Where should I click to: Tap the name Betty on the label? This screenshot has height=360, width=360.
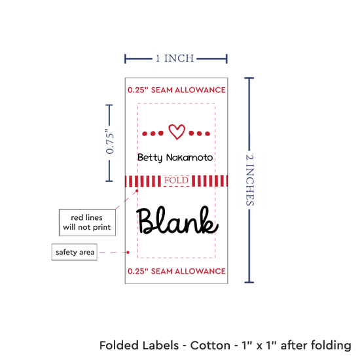tap(150, 158)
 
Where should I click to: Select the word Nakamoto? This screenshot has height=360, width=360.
tap(189, 158)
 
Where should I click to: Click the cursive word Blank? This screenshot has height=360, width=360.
tap(177, 220)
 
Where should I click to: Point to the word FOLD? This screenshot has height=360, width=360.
tap(176, 180)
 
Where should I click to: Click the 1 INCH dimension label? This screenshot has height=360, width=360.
tap(175, 58)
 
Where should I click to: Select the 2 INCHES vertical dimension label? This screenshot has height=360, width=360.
tap(250, 180)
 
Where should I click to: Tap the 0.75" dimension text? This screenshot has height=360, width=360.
tap(109, 141)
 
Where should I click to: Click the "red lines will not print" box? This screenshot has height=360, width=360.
tap(87, 223)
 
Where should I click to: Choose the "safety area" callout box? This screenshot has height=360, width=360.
tap(75, 252)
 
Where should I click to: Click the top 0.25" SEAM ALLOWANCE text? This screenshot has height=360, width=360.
tap(177, 90)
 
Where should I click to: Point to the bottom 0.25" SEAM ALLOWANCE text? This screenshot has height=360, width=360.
tap(177, 271)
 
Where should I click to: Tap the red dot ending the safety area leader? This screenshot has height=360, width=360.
tap(128, 252)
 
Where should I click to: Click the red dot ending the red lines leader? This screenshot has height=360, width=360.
tap(137, 190)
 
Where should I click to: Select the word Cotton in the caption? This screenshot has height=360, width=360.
tap(210, 346)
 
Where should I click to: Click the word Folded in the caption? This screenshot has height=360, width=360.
tap(118, 346)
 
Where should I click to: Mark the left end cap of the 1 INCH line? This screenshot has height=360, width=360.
tap(125, 59)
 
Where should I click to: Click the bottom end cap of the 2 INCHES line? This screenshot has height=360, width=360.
tap(249, 282)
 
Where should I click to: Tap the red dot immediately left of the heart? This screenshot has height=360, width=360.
tap(161, 133)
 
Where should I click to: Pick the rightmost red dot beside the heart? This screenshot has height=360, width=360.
tap(207, 134)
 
